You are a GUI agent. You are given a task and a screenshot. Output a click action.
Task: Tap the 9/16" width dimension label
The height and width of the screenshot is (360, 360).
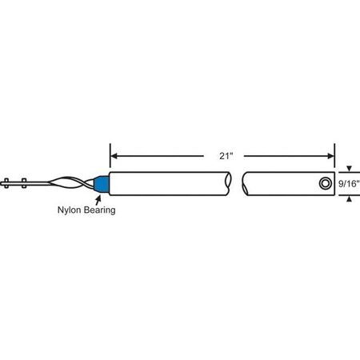pos(349,184)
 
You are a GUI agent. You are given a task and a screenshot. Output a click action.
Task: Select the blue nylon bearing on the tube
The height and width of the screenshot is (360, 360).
pos(101,183)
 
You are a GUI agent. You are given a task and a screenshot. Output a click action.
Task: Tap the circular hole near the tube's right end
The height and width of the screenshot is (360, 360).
pos(324,184)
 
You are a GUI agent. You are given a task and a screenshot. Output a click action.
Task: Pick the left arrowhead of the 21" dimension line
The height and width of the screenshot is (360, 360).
pos(114,155)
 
